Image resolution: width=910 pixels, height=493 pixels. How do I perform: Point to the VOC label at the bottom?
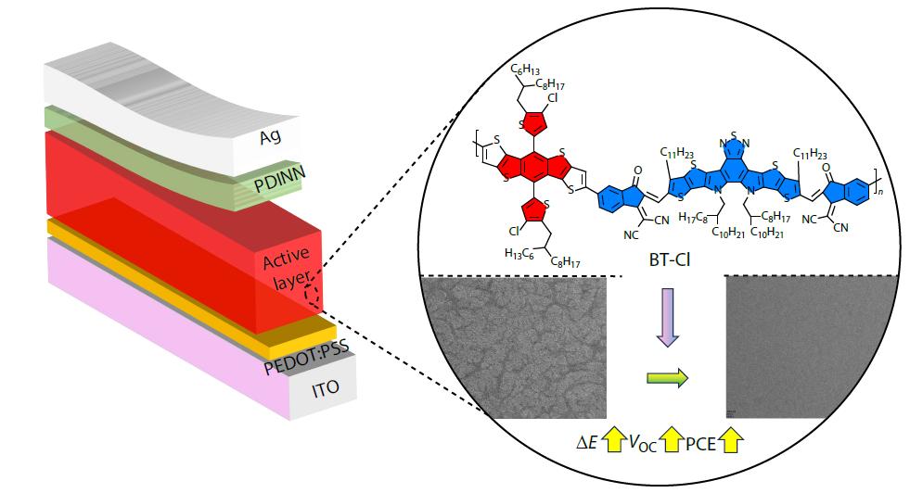643,443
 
